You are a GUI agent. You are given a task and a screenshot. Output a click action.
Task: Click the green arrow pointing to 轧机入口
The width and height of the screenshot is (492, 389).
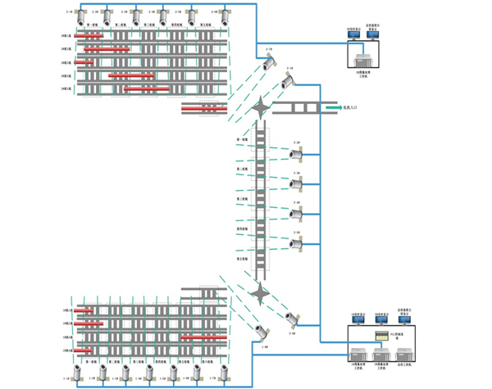(x=330, y=107)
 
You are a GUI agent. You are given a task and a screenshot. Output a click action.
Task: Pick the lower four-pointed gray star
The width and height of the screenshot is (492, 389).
(x=261, y=290)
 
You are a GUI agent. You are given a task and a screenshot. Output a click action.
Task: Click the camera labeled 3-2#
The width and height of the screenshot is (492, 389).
(x=297, y=152)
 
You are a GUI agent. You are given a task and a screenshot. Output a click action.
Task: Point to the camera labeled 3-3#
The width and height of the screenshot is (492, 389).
(x=297, y=183)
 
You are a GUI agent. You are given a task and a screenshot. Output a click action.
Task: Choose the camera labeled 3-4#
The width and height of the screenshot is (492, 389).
(x=297, y=213)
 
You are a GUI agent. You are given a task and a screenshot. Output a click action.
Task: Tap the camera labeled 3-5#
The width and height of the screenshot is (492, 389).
(x=297, y=242)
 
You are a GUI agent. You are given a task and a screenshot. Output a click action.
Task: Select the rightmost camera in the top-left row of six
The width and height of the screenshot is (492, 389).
(x=218, y=17)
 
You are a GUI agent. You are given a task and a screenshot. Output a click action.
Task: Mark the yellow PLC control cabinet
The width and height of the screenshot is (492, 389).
(x=380, y=337)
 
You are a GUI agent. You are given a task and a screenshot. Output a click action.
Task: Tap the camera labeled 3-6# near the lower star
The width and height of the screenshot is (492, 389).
(x=290, y=316)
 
